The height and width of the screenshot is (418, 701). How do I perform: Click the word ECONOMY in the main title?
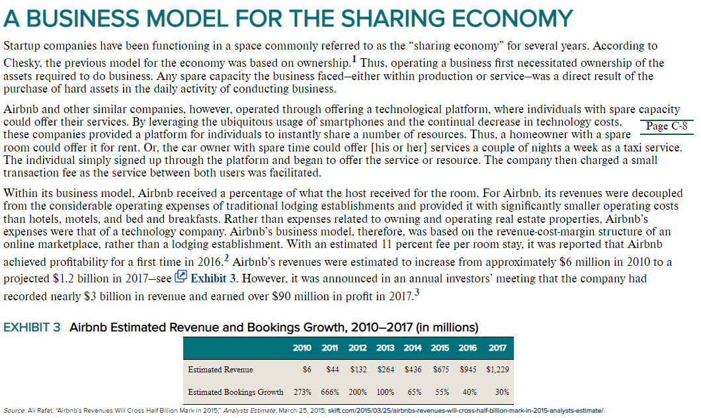(513, 19)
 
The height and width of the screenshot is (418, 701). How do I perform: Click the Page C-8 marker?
(667, 126)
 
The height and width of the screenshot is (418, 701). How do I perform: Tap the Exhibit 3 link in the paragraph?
(213, 278)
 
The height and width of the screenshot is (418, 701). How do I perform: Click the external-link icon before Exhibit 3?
(181, 276)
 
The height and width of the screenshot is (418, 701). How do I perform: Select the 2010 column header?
(302, 348)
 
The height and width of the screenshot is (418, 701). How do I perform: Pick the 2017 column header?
(497, 348)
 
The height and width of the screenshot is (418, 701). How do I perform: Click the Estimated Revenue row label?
(220, 370)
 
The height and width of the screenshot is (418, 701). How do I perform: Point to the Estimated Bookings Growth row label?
(235, 392)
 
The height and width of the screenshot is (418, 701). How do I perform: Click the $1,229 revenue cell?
(497, 370)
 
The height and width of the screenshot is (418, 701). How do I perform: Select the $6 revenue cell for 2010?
(307, 370)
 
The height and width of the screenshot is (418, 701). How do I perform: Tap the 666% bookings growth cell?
(330, 392)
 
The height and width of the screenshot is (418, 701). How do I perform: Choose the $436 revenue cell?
(413, 370)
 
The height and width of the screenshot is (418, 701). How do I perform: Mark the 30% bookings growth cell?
(502, 392)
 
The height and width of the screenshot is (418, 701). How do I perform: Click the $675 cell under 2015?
(441, 370)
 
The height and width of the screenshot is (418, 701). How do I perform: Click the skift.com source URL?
(466, 411)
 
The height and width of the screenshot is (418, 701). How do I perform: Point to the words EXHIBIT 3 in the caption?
(32, 327)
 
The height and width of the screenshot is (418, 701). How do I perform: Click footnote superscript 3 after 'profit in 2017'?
(417, 292)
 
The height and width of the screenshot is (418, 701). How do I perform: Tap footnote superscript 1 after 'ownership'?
(354, 58)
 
